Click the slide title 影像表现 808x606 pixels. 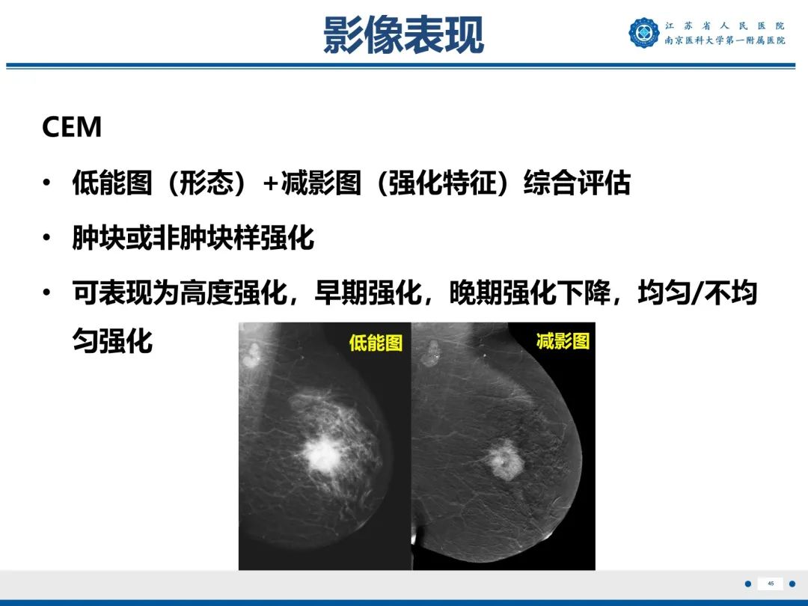point(403,35)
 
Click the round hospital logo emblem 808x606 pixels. point(643,33)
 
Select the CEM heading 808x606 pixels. point(72,127)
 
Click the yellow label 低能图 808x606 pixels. point(376,343)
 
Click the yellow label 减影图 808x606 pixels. point(563,341)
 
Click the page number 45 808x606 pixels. point(771,584)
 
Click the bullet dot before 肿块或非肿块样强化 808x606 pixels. point(48,239)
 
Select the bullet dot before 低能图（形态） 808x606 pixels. point(48,183)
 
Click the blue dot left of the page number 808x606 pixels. point(747,584)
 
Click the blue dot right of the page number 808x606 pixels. point(793,584)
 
